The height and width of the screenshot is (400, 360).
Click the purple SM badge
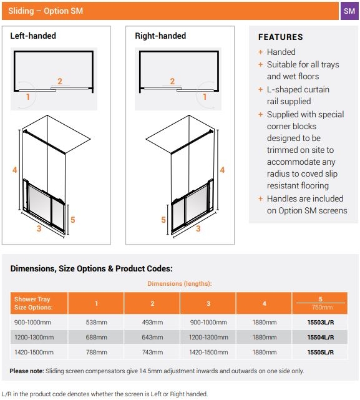click(x=350, y=11)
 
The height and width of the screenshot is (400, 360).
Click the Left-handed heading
click(x=33, y=36)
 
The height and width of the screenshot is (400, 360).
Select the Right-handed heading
click(x=160, y=36)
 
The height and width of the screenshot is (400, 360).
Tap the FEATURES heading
click(x=280, y=37)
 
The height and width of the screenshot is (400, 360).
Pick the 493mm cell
click(x=152, y=322)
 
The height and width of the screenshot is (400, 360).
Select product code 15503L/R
click(x=320, y=322)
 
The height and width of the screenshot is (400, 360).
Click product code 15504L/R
click(x=320, y=337)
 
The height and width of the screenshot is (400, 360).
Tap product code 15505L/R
click(x=320, y=352)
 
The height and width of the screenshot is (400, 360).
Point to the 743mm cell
click(x=152, y=352)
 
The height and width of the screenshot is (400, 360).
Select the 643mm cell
click(x=152, y=337)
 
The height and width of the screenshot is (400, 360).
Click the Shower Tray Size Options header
click(x=34, y=303)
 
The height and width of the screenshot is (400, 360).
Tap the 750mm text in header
click(x=320, y=308)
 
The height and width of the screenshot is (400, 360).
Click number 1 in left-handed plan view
click(x=28, y=97)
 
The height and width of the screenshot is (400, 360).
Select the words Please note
click(x=26, y=371)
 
